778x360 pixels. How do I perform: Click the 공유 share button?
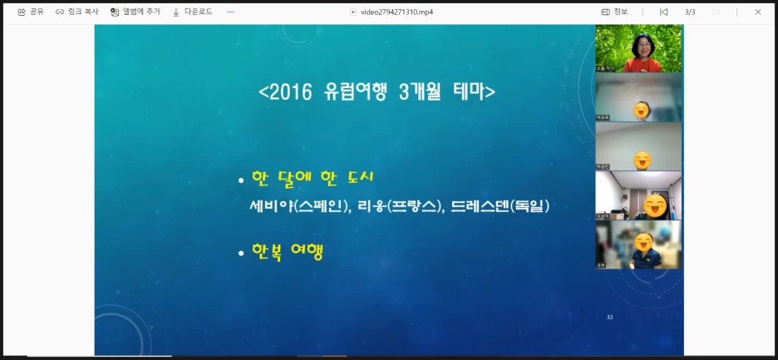click(31, 12)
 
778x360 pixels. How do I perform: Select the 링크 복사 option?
click(77, 12)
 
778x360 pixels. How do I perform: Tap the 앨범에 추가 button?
click(135, 12)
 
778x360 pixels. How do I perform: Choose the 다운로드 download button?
click(192, 12)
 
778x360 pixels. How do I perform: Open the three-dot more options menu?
click(230, 12)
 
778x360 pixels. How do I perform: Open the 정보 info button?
click(614, 12)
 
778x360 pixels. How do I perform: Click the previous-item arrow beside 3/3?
click(663, 12)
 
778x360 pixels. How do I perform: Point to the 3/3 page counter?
click(690, 12)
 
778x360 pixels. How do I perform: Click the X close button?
click(757, 12)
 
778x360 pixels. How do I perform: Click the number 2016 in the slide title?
click(288, 91)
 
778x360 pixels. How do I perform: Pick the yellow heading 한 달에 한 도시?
click(313, 178)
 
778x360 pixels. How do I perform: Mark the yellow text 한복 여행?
click(288, 251)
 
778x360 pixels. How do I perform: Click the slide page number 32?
click(610, 318)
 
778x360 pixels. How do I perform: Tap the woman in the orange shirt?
click(640, 50)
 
